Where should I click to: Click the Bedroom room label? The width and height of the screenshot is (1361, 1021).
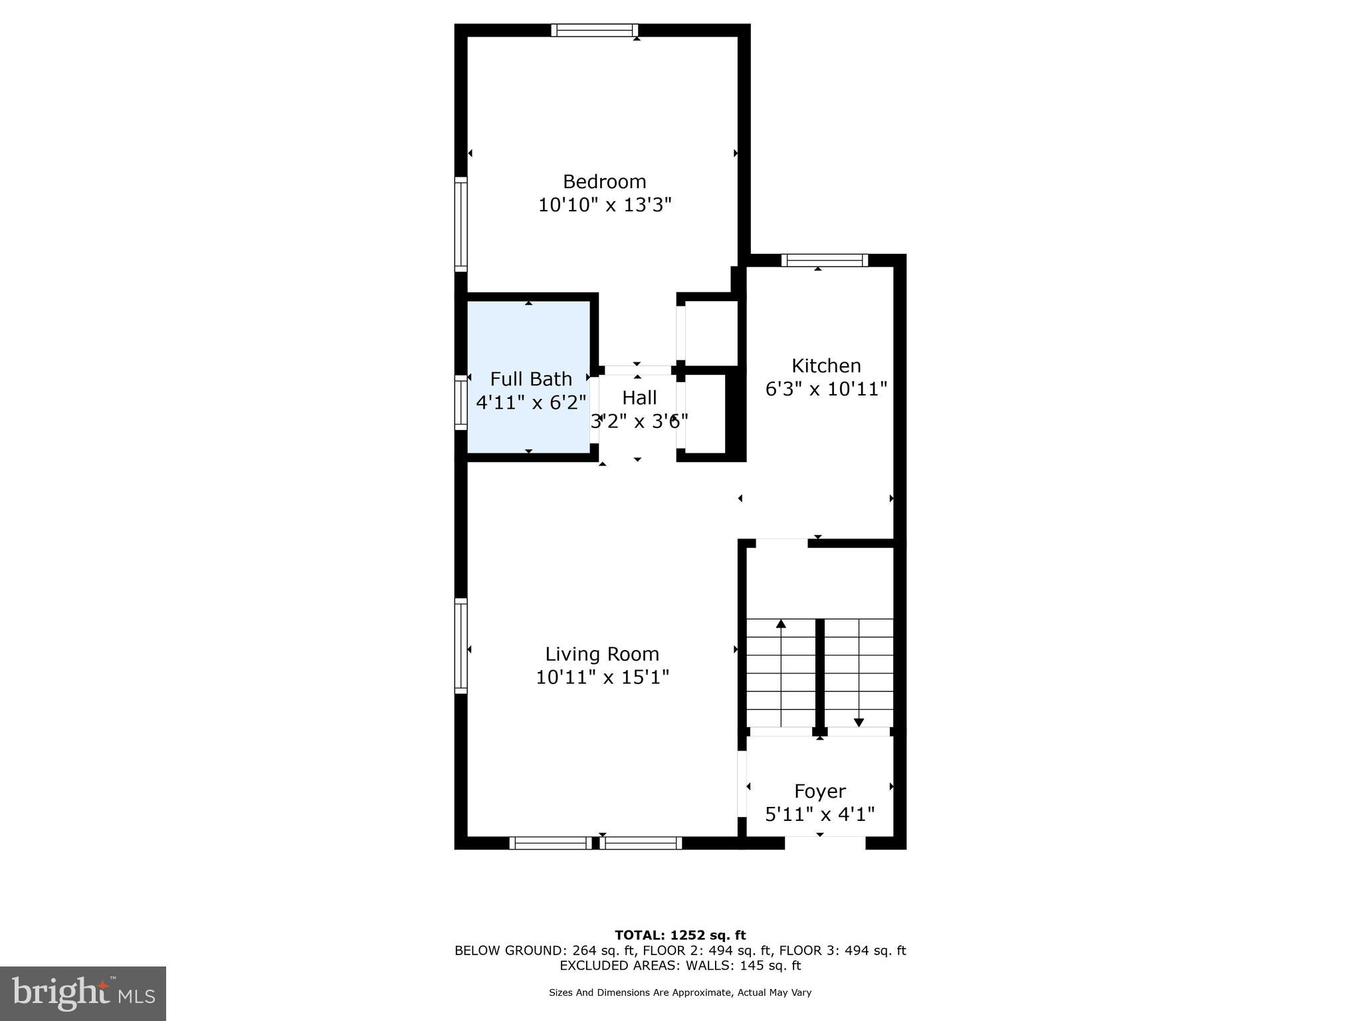pos(604,181)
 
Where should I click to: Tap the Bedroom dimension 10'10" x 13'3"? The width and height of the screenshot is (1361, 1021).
pos(604,205)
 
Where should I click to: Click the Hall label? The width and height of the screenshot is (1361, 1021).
pos(639,397)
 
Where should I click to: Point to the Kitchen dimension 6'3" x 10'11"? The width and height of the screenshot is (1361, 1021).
pos(826,389)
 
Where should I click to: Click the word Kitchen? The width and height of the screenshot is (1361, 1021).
pos(826,366)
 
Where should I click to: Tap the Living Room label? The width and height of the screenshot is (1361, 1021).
pos(602,654)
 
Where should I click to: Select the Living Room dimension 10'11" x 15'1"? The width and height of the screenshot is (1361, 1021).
pos(602,677)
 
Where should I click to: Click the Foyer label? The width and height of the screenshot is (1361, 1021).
pos(819,791)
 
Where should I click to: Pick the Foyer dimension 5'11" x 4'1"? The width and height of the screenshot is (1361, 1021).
pos(819,814)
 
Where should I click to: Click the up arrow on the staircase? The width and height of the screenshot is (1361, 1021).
pos(781,624)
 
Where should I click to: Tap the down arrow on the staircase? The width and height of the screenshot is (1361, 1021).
pos(859,722)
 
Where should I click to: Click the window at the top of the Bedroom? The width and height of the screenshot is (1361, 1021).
pos(594,30)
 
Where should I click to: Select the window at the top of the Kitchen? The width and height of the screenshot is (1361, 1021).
pos(824,260)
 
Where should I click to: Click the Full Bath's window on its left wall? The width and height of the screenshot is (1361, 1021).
pos(461,402)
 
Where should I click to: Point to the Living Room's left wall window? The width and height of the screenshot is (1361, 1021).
pos(461,645)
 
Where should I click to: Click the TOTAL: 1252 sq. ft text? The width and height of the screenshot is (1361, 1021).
pos(680,935)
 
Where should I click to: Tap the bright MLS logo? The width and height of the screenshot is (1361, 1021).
pos(83,993)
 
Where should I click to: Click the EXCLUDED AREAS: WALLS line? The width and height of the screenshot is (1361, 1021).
pos(680,965)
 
